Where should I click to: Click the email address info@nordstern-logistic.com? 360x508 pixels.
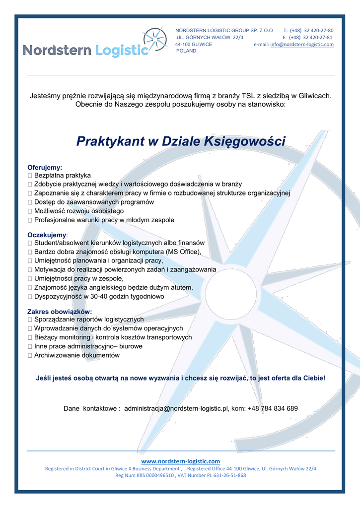click(x=301, y=44)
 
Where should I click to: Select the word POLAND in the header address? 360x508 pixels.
click(x=186, y=51)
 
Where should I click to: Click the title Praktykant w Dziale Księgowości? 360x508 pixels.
click(x=181, y=141)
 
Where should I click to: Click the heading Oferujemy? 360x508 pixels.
click(x=44, y=168)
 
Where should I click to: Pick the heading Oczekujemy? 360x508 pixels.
click(x=47, y=235)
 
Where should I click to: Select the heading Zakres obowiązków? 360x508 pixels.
click(x=59, y=312)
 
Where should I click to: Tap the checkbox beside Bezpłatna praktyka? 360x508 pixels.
click(x=30, y=176)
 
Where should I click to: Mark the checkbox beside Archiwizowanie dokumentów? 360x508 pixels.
click(x=30, y=356)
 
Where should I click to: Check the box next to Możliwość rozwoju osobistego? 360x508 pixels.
click(x=30, y=211)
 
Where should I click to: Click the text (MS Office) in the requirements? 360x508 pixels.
click(x=183, y=252)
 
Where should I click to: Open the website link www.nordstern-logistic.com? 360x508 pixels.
click(x=180, y=461)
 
